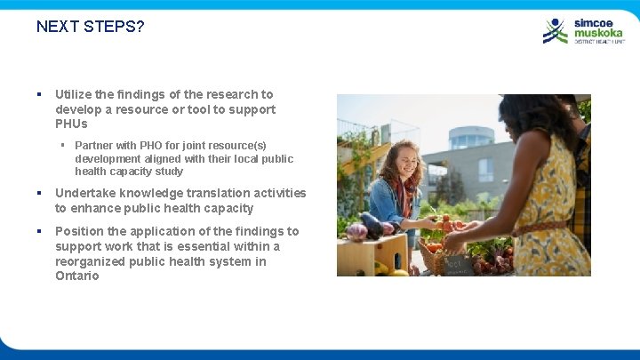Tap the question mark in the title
click(140, 27)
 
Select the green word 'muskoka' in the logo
click(598, 33)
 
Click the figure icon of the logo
click(556, 31)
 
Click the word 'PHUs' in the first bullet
click(71, 124)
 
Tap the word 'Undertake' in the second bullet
click(85, 193)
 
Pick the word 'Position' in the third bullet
click(78, 231)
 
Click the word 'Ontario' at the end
click(76, 276)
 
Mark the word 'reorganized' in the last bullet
click(89, 261)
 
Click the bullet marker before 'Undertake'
click(40, 193)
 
